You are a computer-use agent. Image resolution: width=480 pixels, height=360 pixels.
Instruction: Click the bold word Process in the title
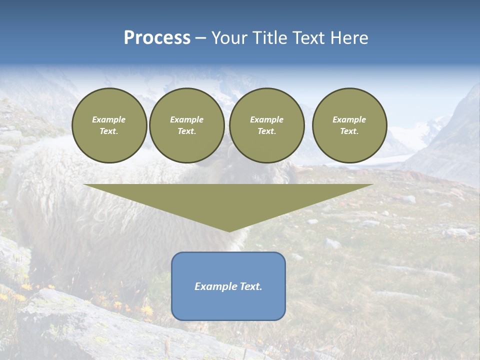[157, 38]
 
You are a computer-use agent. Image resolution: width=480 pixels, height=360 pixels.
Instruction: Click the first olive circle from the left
[109, 125]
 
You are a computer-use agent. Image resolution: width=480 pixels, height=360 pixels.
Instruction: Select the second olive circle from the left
[187, 125]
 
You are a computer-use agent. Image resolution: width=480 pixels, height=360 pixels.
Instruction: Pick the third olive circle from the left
[267, 125]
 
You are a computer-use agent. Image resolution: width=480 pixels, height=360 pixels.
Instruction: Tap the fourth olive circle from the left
[349, 125]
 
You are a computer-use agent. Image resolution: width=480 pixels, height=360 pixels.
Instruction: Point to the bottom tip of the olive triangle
[229, 231]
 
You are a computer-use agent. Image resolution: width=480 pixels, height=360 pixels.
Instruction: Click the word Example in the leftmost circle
[109, 120]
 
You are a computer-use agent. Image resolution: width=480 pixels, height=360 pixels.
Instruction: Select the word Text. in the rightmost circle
[349, 131]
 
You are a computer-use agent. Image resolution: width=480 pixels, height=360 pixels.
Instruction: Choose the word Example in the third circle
[267, 120]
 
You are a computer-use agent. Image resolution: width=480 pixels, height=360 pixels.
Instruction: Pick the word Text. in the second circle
[187, 131]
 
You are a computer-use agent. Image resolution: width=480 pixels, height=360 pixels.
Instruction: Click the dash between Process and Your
[200, 38]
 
